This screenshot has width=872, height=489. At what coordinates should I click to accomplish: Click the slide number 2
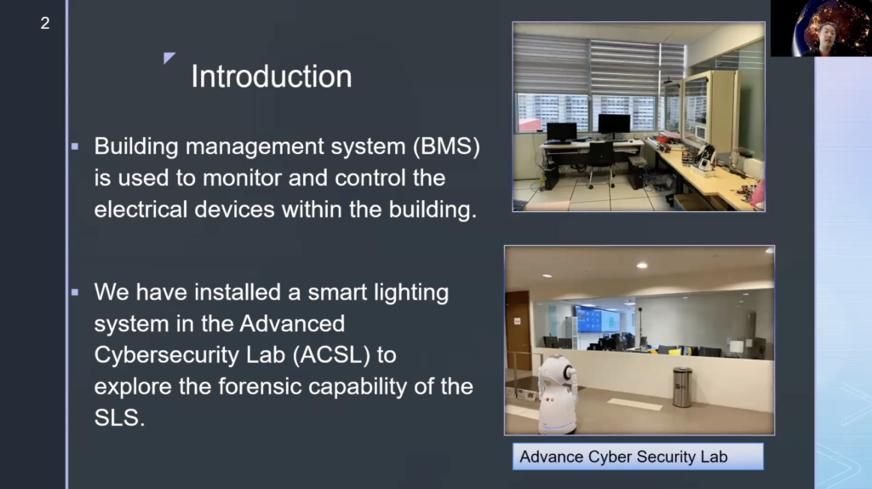(x=45, y=23)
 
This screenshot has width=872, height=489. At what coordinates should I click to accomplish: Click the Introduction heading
(x=272, y=76)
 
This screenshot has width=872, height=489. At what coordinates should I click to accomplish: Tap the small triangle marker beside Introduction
(x=169, y=57)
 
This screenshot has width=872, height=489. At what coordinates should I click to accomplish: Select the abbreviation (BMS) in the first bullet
(x=446, y=147)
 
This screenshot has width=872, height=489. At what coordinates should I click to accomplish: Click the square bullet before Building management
(x=75, y=147)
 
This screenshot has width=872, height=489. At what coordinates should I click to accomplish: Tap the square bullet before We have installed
(x=75, y=292)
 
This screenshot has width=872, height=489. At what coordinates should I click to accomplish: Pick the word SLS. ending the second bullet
(x=119, y=417)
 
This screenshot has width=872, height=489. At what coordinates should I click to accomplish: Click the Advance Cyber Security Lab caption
(x=638, y=457)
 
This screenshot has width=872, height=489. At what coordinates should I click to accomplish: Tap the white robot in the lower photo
(x=557, y=394)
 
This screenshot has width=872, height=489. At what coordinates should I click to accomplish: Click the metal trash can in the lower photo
(x=682, y=387)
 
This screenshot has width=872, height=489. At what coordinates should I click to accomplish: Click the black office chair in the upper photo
(x=602, y=161)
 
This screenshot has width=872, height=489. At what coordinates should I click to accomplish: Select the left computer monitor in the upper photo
(x=561, y=132)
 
